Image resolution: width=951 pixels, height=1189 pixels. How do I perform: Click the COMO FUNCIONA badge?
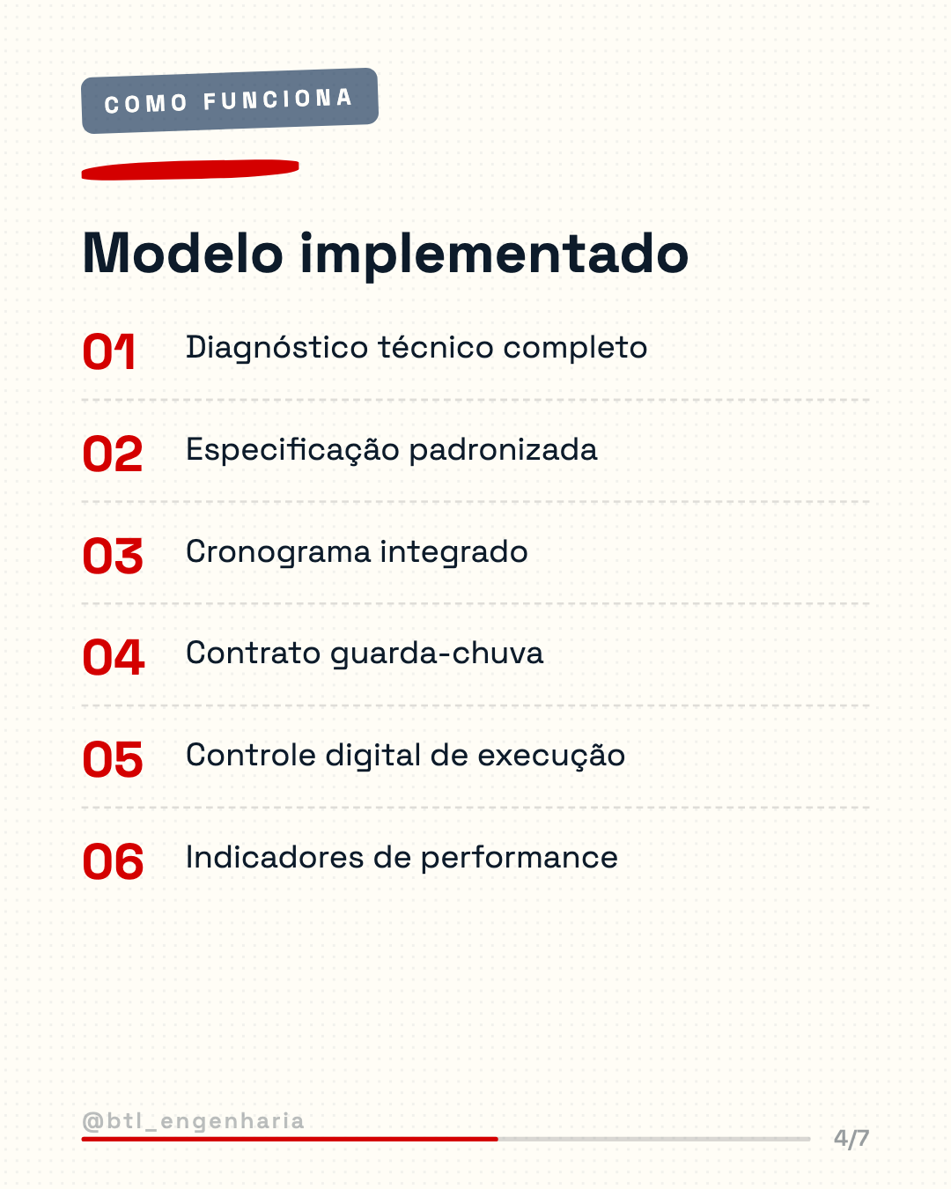click(230, 100)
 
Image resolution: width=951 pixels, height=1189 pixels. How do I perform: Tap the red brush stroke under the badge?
click(190, 170)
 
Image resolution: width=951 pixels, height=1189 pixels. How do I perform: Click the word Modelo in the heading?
click(182, 254)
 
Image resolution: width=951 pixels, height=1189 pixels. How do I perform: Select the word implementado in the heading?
click(495, 256)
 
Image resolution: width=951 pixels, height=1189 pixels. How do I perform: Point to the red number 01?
click(109, 351)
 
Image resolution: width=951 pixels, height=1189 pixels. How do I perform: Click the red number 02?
click(113, 454)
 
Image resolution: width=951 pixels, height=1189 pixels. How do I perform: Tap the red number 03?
click(113, 556)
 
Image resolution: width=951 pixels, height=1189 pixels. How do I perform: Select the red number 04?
click(114, 658)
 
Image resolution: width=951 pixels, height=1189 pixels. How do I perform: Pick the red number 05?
click(113, 760)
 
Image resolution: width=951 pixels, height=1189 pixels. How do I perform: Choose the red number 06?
click(113, 861)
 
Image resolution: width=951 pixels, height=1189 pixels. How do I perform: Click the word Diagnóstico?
click(276, 349)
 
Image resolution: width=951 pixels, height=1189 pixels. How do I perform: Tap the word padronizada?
click(503, 451)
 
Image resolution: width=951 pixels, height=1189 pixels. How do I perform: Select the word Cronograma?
click(278, 553)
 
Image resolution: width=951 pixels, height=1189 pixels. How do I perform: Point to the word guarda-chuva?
click(437, 654)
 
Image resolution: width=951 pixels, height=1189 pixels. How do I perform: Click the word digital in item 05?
click(373, 757)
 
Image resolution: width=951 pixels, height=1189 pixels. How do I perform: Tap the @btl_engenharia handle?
click(193, 1121)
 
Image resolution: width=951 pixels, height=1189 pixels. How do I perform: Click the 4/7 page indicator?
click(851, 1138)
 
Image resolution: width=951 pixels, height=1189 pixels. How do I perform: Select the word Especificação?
click(292, 451)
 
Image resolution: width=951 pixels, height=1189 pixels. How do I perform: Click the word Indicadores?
click(275, 858)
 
